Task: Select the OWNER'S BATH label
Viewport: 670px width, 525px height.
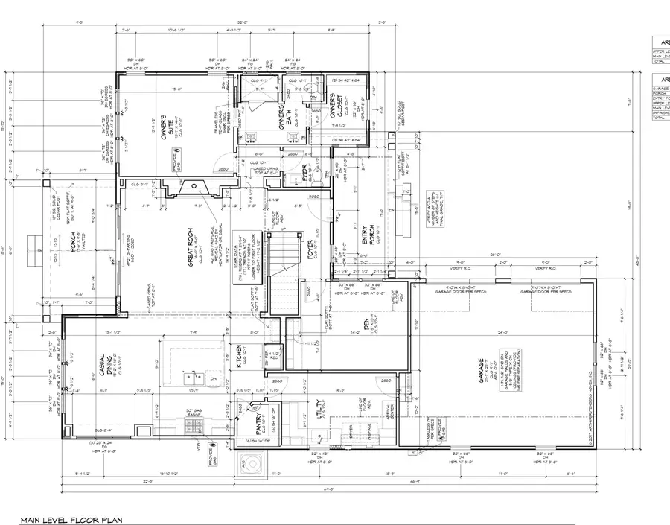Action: (284, 115)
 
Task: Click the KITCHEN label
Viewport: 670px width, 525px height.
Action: (239, 357)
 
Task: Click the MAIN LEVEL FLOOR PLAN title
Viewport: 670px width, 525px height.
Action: (71, 519)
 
